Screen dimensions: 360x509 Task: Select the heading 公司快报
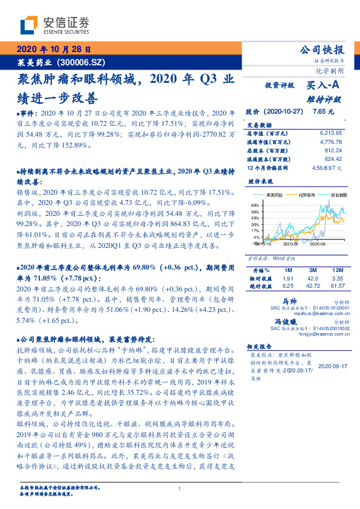[x=327, y=50]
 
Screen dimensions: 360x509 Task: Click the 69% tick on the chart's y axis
[x=255, y=206]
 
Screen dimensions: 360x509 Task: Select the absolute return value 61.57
[x=336, y=285]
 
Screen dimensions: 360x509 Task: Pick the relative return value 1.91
[x=289, y=277]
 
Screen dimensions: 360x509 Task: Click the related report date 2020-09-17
[x=330, y=366]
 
